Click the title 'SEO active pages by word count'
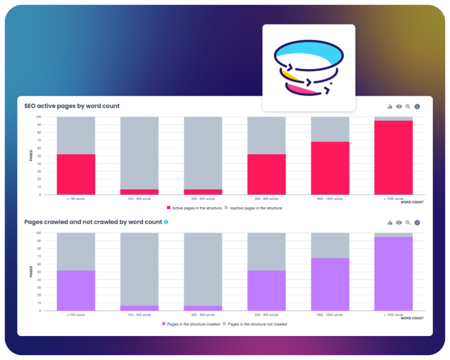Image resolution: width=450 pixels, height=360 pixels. click(72, 106)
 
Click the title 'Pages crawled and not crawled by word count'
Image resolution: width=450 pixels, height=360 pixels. click(93, 222)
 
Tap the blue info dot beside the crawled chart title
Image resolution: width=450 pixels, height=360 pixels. click(166, 222)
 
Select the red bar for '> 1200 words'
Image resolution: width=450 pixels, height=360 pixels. click(393, 157)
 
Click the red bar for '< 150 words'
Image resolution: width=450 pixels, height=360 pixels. click(76, 174)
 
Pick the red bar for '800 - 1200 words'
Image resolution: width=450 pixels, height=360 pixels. click(330, 168)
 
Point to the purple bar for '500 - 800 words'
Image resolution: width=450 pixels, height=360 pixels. click(266, 290)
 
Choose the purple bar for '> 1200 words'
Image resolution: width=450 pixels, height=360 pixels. click(393, 274)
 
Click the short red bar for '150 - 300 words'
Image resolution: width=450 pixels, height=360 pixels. click(139, 192)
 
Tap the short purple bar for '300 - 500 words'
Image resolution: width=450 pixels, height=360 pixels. click(203, 308)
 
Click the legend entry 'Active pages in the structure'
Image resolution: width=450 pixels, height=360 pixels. click(194, 208)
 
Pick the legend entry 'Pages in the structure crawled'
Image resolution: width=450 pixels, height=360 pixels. click(191, 324)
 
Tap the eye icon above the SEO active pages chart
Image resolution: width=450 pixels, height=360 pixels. click(399, 106)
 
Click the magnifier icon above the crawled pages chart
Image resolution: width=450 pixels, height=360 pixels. click(408, 223)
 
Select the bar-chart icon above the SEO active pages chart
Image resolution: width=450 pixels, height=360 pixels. click(390, 106)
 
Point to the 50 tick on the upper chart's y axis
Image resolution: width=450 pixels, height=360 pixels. click(39, 155)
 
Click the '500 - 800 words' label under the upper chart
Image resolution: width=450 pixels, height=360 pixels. click(266, 198)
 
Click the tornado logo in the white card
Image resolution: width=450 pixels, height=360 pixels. click(309, 67)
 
